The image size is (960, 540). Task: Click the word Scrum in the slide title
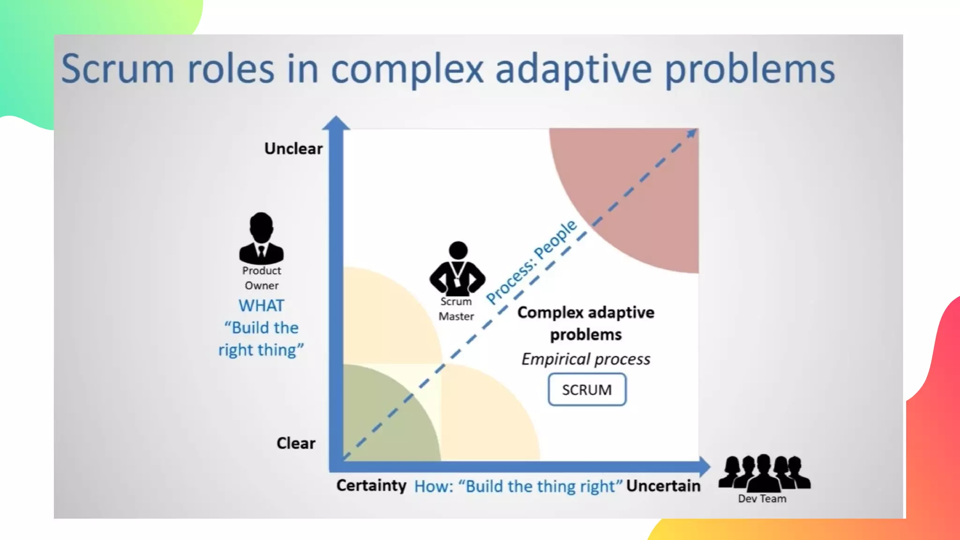pyautogui.click(x=118, y=69)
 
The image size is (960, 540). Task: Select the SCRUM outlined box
pyautogui.click(x=587, y=390)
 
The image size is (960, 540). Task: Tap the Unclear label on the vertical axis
pyautogui.click(x=293, y=149)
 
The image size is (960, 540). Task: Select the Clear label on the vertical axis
pyautogui.click(x=296, y=443)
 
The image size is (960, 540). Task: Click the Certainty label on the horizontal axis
pyautogui.click(x=371, y=485)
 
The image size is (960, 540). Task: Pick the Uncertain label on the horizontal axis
pyautogui.click(x=663, y=486)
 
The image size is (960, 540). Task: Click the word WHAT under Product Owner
pyautogui.click(x=261, y=306)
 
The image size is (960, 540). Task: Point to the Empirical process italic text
pyautogui.click(x=586, y=359)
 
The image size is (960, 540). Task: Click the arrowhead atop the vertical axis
pyautogui.click(x=336, y=123)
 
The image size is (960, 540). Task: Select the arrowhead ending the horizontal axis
pyautogui.click(x=705, y=466)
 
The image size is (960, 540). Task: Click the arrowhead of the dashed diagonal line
pyautogui.click(x=692, y=134)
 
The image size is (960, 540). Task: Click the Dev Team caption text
pyautogui.click(x=762, y=499)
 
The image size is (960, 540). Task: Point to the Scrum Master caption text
pyautogui.click(x=456, y=309)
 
